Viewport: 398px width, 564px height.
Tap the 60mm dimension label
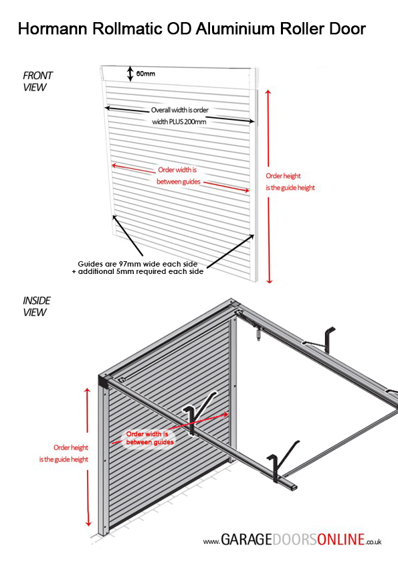click(x=145, y=74)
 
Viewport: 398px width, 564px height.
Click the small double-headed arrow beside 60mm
click(x=130, y=74)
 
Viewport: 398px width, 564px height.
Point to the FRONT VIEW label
click(x=37, y=81)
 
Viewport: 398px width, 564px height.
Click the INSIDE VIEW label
click(x=37, y=307)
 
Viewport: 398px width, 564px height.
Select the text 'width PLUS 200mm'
click(x=179, y=122)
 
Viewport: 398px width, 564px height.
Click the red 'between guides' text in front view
click(x=179, y=182)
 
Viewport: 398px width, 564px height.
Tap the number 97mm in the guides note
click(x=130, y=264)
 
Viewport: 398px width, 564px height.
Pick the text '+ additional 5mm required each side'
click(x=138, y=271)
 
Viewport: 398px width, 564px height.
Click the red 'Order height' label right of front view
click(x=283, y=176)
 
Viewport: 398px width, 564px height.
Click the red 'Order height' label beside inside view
click(x=71, y=447)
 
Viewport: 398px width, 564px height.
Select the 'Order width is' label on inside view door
click(x=147, y=434)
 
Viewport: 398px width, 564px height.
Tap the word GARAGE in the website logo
click(x=246, y=539)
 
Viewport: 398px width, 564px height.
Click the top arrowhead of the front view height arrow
click(x=268, y=93)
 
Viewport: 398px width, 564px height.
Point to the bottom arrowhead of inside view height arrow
click(x=88, y=523)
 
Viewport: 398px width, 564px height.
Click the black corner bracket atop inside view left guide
click(x=104, y=382)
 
